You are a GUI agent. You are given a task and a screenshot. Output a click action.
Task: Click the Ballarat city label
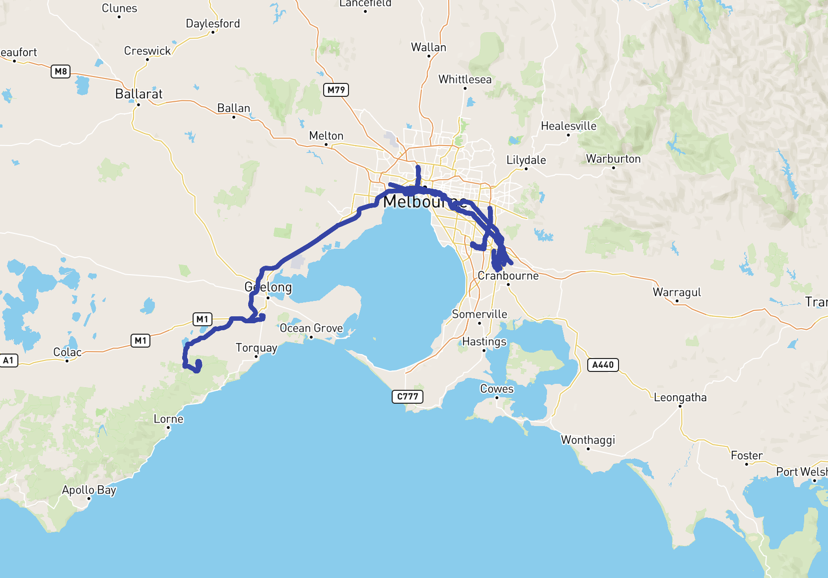pos(138,94)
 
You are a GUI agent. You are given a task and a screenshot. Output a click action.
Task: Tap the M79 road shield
pos(336,90)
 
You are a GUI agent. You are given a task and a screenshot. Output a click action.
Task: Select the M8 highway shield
pos(61,72)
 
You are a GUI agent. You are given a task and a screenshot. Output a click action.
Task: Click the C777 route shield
pos(408,396)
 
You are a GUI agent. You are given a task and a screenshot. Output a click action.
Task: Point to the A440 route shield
pos(603,365)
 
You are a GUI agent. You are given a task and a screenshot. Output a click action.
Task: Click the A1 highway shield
pos(8,361)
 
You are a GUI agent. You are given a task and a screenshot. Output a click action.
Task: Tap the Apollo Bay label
pos(89,490)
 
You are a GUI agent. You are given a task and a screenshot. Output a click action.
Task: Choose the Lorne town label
pos(168,419)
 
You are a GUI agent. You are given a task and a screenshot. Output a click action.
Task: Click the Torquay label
pos(256,348)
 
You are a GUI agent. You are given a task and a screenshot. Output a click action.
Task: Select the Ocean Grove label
pos(311,328)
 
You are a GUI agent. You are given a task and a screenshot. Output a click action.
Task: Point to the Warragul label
pos(677,292)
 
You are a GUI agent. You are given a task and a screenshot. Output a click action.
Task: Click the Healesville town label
pos(568,126)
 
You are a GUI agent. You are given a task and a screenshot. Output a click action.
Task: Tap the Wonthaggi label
pos(588,440)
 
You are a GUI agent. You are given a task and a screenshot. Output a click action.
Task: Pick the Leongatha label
pos(680,397)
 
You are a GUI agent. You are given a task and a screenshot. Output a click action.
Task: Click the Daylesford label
pos(212,24)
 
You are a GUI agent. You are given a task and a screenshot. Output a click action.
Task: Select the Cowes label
pos(496,389)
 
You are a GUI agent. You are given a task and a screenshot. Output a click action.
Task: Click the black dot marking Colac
pos(67,361)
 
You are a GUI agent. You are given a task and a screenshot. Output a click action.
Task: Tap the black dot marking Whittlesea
pos(465,88)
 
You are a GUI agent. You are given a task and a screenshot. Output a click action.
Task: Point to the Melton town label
pos(326,136)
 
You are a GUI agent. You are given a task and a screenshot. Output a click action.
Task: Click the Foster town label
pos(747,455)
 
